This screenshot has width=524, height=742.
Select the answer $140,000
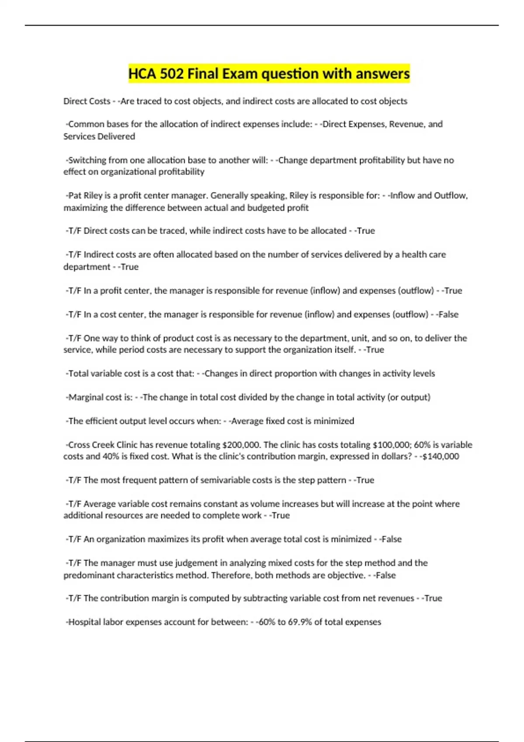[x=441, y=456]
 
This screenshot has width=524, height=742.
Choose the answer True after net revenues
[x=433, y=598]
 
